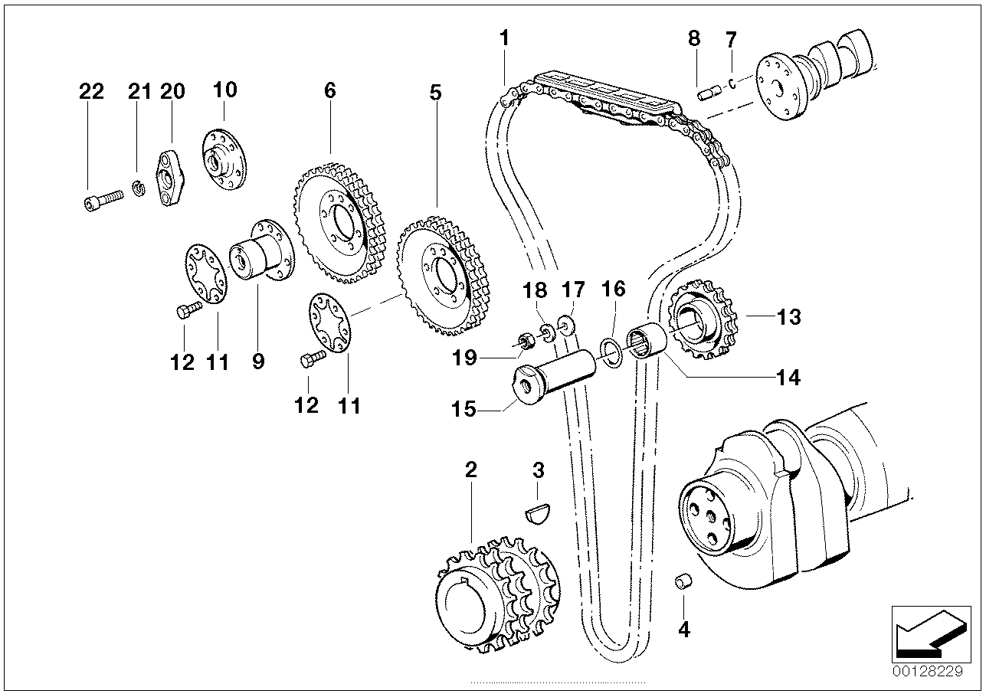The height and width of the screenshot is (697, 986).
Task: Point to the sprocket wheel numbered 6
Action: coord(338,223)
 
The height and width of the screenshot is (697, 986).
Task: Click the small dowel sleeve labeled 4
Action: coord(683,581)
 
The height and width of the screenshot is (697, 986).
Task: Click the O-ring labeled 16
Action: coord(610,353)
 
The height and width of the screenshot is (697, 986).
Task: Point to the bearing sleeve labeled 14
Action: coord(645,341)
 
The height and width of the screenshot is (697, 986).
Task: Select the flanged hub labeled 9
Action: coord(262,251)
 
